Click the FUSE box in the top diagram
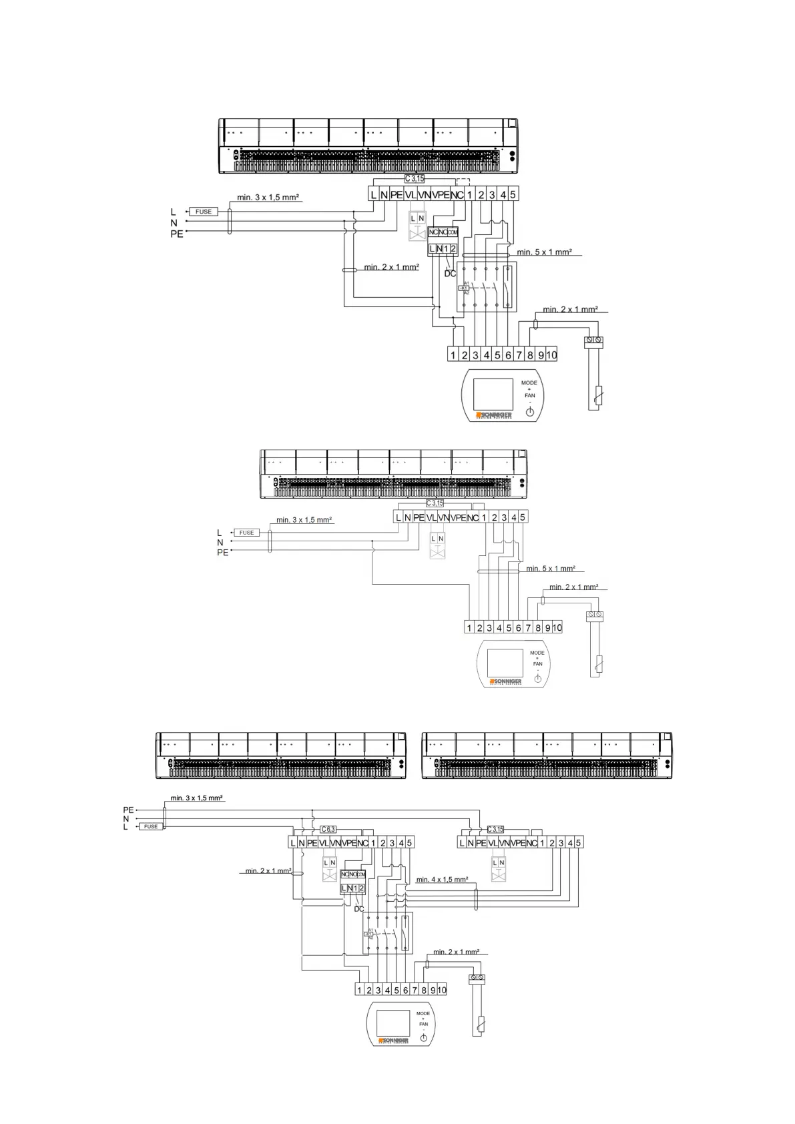point(203,212)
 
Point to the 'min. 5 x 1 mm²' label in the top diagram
point(544,252)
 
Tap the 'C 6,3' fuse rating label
point(328,829)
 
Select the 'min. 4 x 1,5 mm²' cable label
point(442,880)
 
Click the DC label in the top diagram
point(450,274)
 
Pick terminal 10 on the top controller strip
point(552,355)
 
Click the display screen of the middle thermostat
point(505,662)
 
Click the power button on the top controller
point(530,412)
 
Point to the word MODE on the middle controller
point(537,653)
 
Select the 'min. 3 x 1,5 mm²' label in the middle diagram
point(304,520)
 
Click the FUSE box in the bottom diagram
point(151,826)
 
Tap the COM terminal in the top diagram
point(453,232)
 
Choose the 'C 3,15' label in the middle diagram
point(435,503)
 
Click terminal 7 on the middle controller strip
point(528,628)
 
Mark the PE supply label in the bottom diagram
point(128,810)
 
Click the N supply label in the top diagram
point(174,223)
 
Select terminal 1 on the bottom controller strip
point(359,991)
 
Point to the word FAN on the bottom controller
point(423,1024)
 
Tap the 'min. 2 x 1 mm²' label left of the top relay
point(391,267)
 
